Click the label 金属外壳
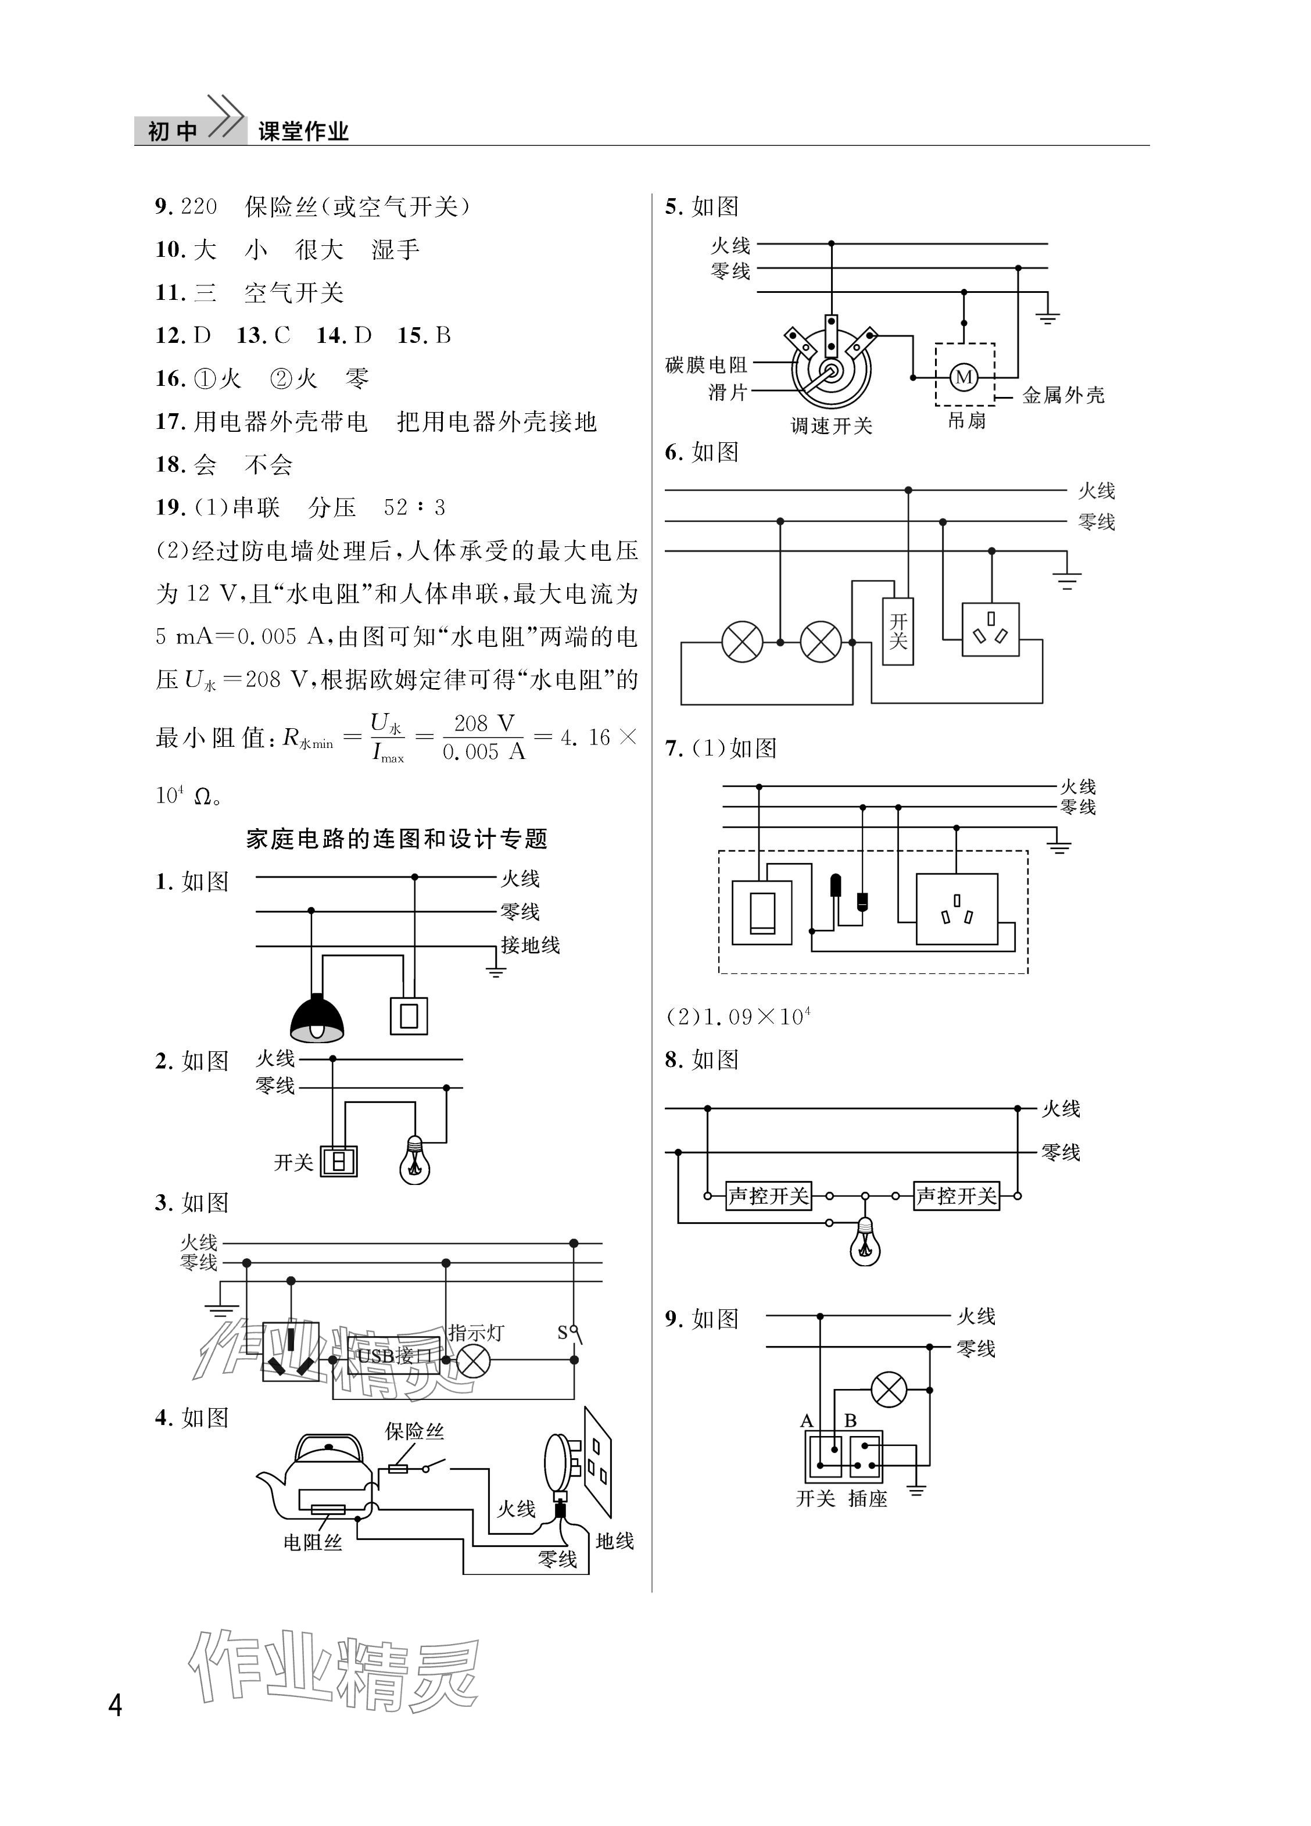(1063, 395)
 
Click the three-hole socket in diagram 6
(990, 629)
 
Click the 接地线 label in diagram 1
(530, 944)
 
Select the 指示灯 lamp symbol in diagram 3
(474, 1360)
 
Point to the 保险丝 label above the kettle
(414, 1431)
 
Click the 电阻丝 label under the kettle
(313, 1542)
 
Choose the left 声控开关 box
(768, 1195)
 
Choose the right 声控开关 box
(956, 1195)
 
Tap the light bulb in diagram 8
(865, 1243)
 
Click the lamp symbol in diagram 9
(889, 1390)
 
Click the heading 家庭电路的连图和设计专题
(396, 839)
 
